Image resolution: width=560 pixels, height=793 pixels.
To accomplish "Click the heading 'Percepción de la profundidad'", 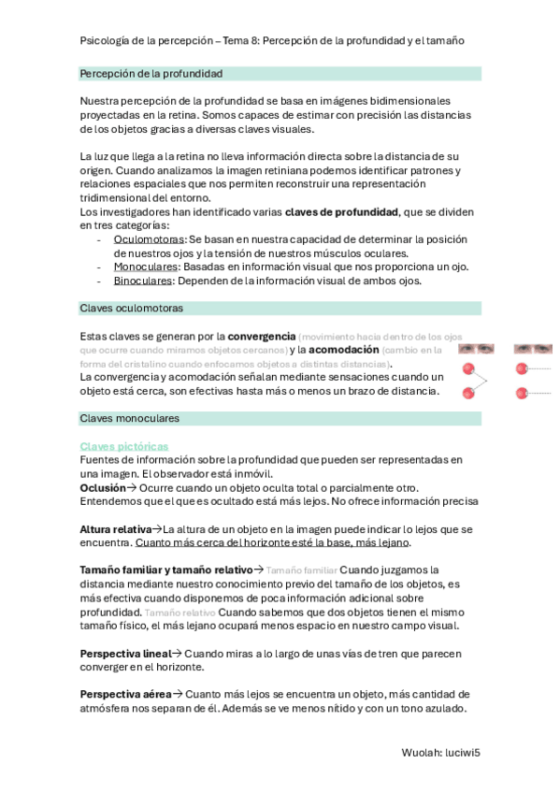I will pyautogui.click(x=151, y=73).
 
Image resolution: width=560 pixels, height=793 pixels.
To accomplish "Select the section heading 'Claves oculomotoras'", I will pyautogui.click(x=132, y=308).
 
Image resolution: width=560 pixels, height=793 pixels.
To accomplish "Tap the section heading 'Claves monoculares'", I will pyautogui.click(x=130, y=418).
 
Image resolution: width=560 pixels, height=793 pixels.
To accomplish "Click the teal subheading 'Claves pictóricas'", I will pyautogui.click(x=124, y=447).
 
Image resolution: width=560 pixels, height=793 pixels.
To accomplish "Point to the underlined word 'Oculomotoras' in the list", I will pyautogui.click(x=149, y=239).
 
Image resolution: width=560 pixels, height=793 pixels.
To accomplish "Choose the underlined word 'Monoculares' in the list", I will pyautogui.click(x=147, y=267).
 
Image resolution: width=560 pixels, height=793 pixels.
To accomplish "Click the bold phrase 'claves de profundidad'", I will pyautogui.click(x=341, y=211).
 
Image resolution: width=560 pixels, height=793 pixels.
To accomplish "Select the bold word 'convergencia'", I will pyautogui.click(x=261, y=336).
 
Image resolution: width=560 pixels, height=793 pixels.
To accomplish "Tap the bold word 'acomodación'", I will pyautogui.click(x=345, y=350).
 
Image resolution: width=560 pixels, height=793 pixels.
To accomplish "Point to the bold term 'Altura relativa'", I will pyautogui.click(x=115, y=529).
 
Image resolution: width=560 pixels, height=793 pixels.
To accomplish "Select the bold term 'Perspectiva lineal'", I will pyautogui.click(x=125, y=653).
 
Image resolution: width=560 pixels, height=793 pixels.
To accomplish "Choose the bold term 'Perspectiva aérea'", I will pyautogui.click(x=125, y=694).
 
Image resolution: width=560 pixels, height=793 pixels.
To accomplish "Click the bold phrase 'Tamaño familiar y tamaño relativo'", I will pyautogui.click(x=166, y=570).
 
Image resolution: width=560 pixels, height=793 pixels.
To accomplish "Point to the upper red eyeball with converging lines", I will pyautogui.click(x=468, y=369).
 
